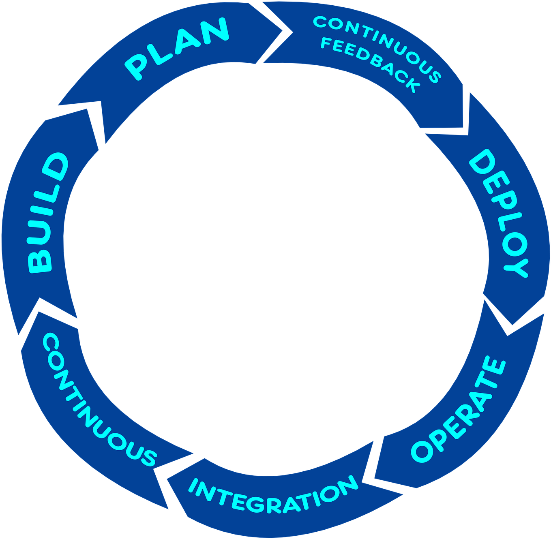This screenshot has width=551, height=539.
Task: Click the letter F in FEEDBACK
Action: pos(326,43)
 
